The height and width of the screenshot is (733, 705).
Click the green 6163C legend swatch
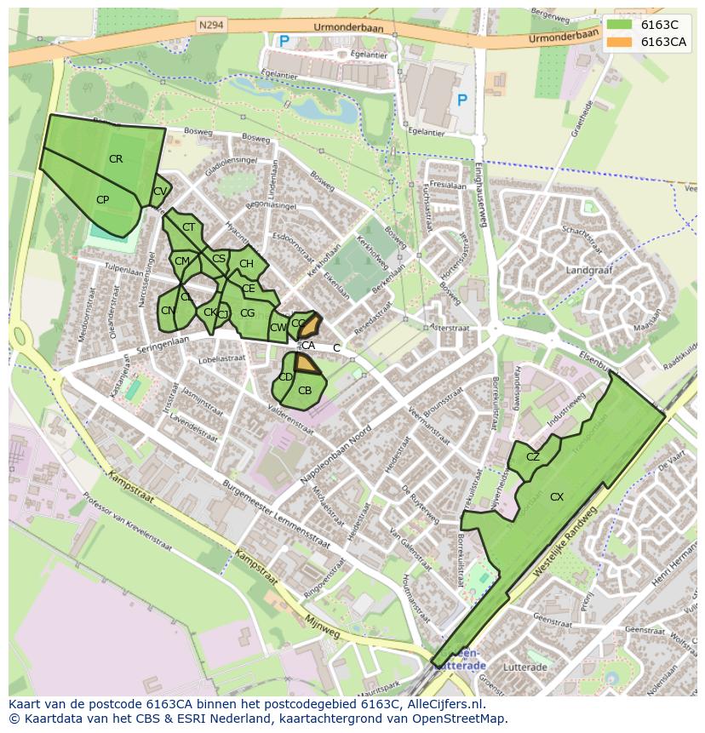(619, 25)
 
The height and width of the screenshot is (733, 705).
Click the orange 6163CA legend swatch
(619, 42)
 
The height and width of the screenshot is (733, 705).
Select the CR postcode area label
(116, 159)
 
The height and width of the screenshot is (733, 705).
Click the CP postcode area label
(102, 200)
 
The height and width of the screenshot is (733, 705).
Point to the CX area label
(557, 496)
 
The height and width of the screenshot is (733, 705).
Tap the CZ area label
(533, 457)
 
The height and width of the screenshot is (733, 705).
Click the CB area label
(305, 391)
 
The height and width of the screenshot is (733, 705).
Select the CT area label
(188, 227)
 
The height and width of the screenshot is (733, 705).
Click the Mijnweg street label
(322, 630)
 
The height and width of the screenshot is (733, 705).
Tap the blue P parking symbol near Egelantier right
(462, 100)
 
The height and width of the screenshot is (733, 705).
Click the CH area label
(246, 264)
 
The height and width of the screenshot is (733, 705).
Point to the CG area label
(247, 313)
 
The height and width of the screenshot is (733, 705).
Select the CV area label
(159, 192)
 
